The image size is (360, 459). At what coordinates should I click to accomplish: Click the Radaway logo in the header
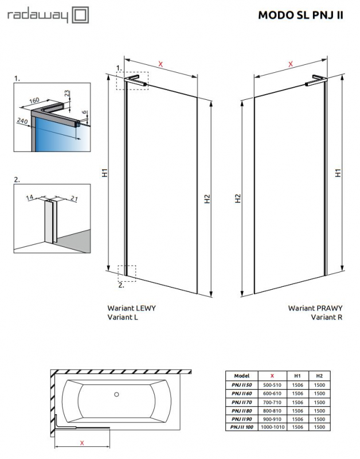(x=47, y=15)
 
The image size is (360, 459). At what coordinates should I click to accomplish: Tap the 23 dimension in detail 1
(x=66, y=93)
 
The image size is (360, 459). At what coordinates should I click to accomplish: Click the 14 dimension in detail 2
(x=30, y=197)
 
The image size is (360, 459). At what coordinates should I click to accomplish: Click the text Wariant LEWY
(x=131, y=308)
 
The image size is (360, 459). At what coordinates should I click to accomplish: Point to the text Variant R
(x=326, y=316)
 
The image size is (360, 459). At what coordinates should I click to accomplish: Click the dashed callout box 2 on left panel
(x=127, y=273)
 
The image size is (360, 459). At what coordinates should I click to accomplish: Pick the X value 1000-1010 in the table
(x=272, y=427)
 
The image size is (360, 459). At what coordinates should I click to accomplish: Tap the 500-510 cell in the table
(x=272, y=384)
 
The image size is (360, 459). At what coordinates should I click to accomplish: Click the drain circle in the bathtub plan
(x=116, y=394)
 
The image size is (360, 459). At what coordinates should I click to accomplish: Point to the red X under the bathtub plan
(x=82, y=442)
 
